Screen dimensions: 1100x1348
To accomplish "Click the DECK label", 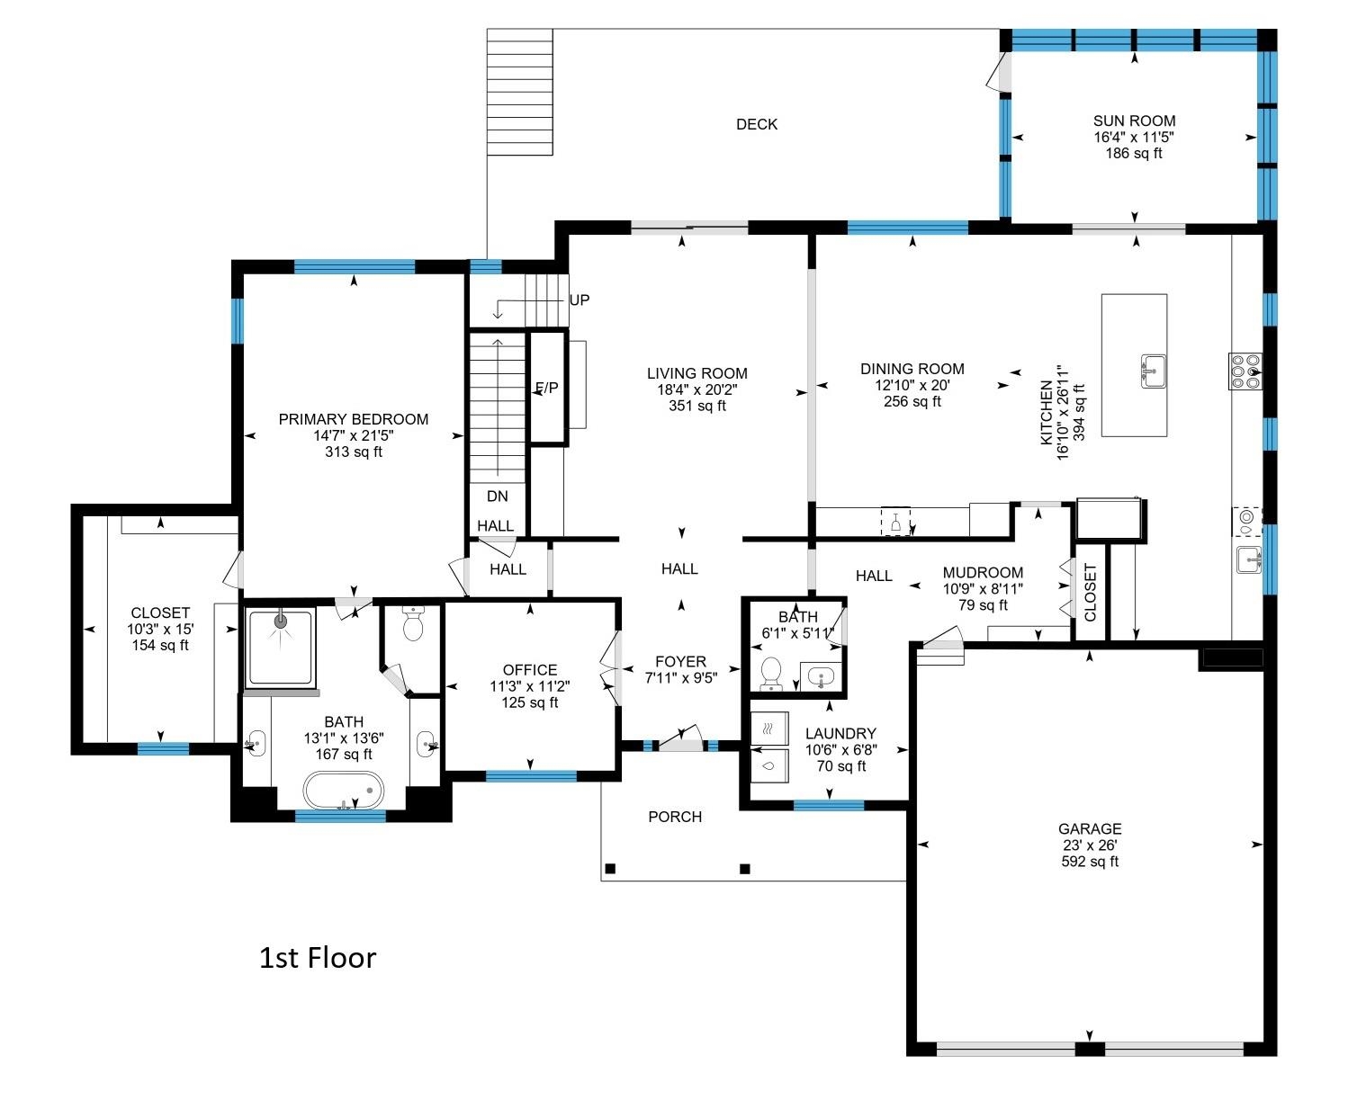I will click(756, 124).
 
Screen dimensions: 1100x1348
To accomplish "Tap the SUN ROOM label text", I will click(1134, 121).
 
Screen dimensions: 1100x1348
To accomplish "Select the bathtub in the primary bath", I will click(343, 791).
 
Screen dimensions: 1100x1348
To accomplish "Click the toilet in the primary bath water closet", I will click(413, 624).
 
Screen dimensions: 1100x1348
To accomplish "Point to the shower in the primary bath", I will click(281, 647).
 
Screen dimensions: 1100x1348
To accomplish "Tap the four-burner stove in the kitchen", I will click(1245, 371).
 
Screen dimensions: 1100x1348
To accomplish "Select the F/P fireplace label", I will click(546, 388).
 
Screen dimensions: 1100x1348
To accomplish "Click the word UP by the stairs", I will click(580, 300).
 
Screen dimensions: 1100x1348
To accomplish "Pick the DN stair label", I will click(497, 496).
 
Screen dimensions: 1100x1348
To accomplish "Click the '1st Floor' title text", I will click(318, 958).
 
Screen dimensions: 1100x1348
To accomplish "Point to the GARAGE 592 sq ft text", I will click(1090, 862).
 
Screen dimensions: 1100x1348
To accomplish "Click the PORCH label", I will click(675, 817).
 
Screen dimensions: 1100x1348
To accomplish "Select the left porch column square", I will click(610, 869).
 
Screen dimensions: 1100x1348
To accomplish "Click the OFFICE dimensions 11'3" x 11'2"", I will click(530, 686).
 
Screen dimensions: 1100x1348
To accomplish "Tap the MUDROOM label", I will click(983, 572).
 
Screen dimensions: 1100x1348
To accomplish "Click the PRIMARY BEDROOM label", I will click(353, 419).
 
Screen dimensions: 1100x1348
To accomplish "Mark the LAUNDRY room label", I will click(840, 734).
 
